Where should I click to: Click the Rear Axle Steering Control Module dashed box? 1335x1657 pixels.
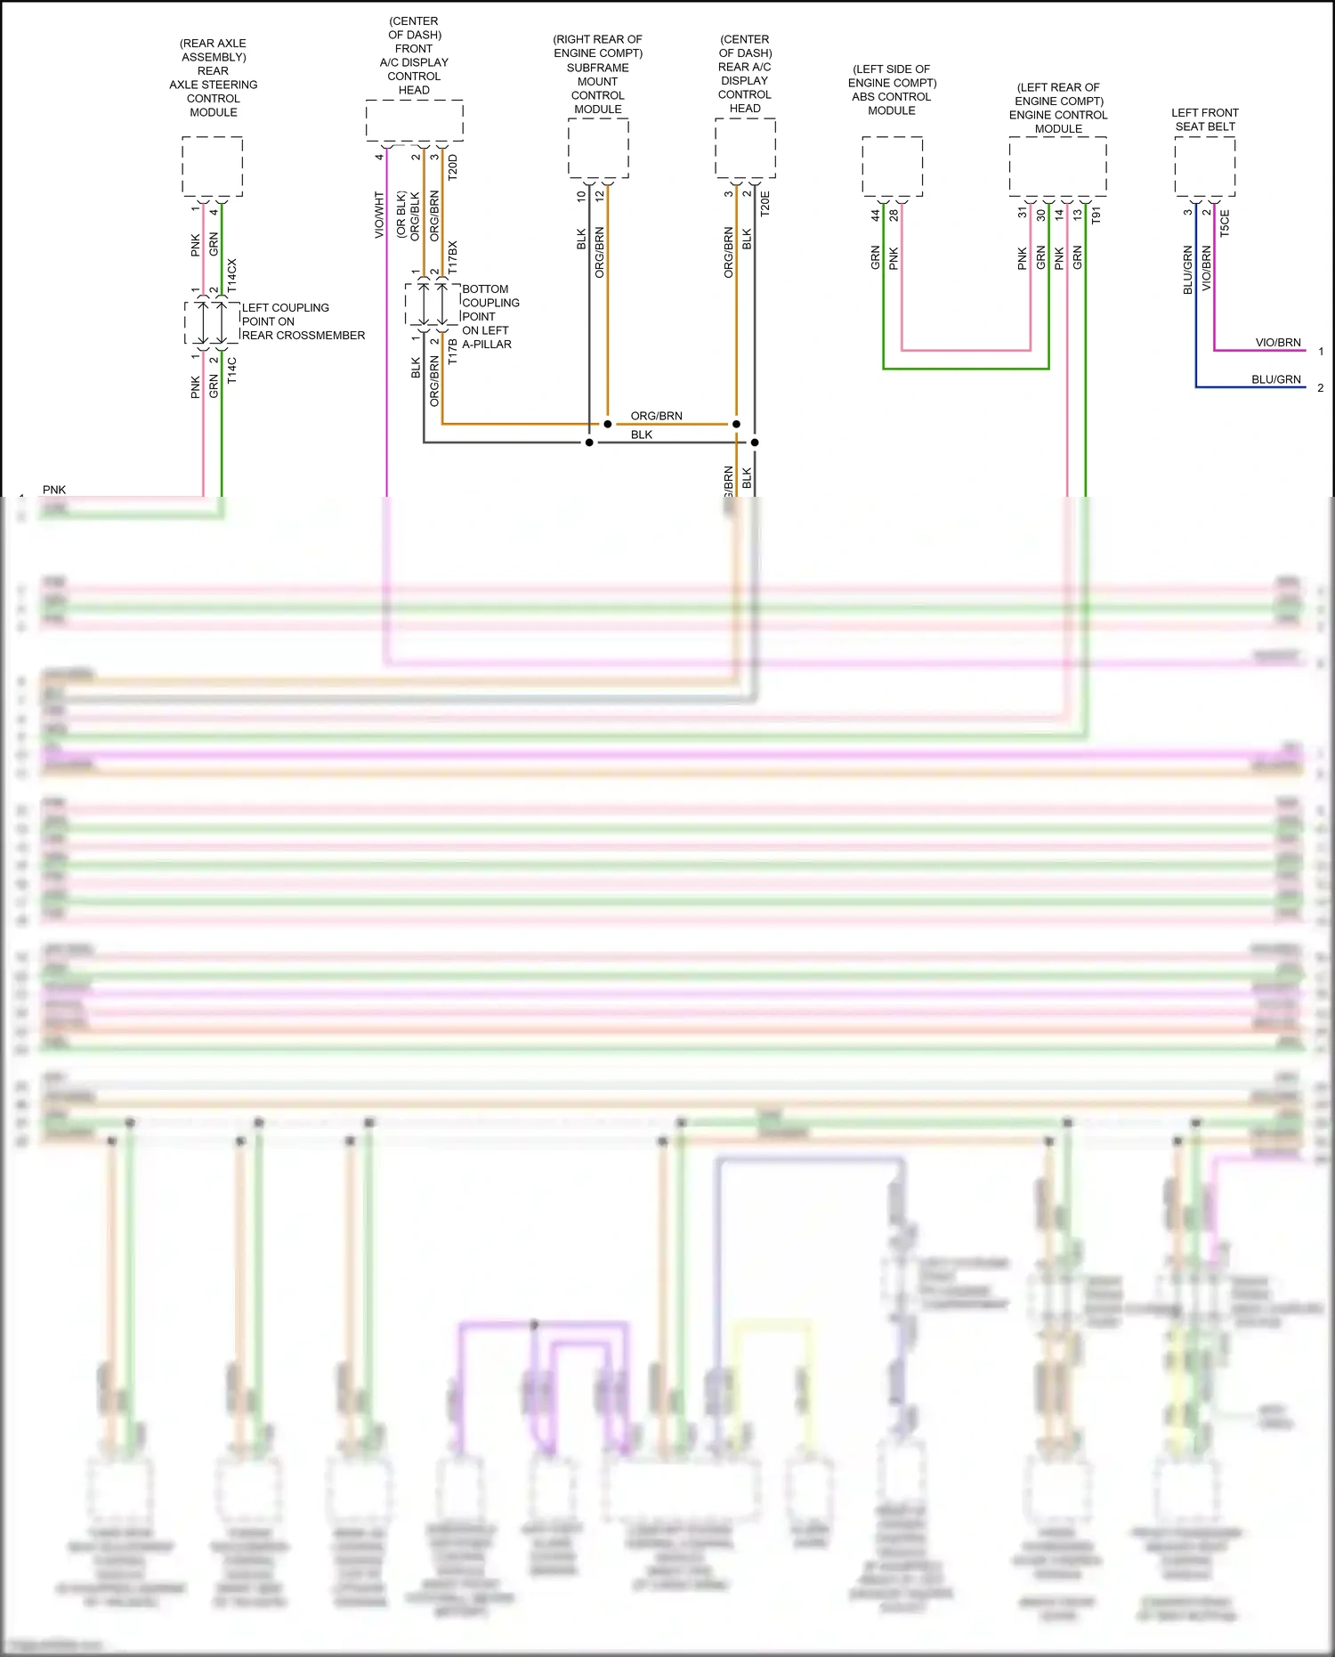[x=212, y=166]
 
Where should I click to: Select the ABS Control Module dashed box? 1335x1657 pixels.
[x=892, y=166]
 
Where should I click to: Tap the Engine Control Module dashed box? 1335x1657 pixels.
[x=1057, y=166]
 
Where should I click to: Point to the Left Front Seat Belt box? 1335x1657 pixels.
[x=1204, y=166]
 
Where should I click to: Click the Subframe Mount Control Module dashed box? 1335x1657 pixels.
[x=598, y=147]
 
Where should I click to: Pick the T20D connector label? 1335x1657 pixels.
[x=453, y=167]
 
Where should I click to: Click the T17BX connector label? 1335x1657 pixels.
[x=453, y=256]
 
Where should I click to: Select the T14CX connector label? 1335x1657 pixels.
[x=232, y=276]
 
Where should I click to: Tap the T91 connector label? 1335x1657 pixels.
[x=1096, y=215]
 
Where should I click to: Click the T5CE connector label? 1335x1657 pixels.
[x=1225, y=223]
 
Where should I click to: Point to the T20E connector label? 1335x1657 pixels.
[x=765, y=203]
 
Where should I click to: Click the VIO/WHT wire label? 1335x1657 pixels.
[x=379, y=215]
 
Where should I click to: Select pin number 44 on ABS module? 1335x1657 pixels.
[x=875, y=215]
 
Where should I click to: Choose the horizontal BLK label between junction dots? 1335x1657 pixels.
[x=642, y=435]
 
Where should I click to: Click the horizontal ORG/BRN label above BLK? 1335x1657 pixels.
[x=657, y=416]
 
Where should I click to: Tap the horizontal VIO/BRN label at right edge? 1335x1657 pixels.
[x=1278, y=343]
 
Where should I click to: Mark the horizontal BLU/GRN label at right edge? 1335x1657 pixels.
[x=1276, y=379]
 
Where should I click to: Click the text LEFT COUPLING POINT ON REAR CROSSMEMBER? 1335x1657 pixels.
[x=303, y=321]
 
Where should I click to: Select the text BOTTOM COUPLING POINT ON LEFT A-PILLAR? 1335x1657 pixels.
[x=490, y=316]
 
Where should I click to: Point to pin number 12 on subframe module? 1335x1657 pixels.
[x=600, y=195]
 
